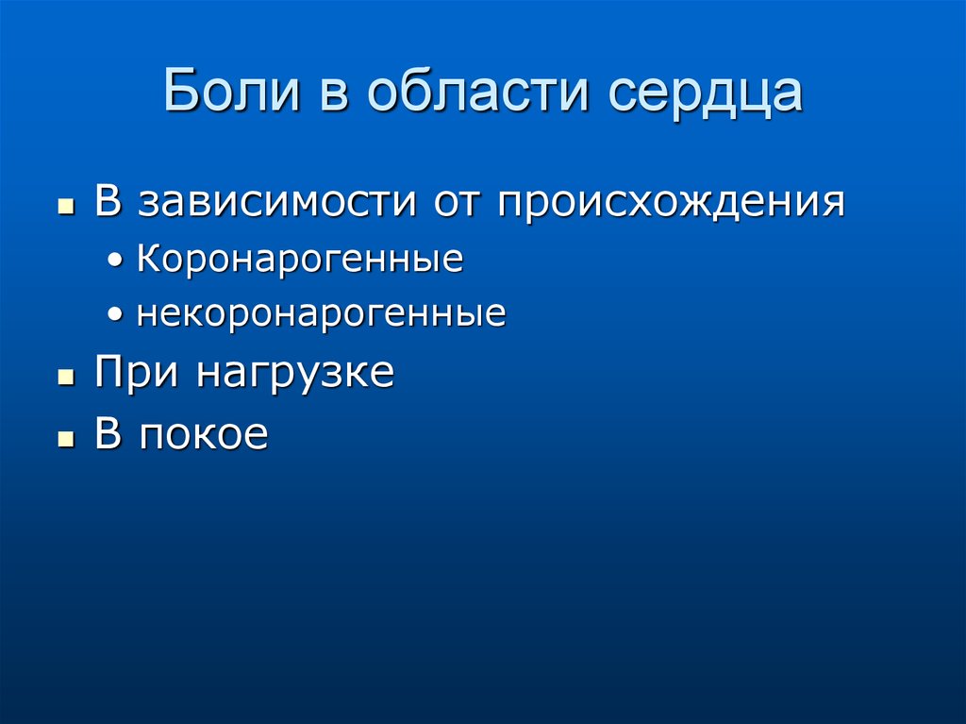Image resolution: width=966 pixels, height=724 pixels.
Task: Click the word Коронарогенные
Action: pos(300,260)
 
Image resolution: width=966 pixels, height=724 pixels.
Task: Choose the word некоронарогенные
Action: pos(321,313)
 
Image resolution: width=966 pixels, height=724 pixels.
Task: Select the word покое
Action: pos(205,435)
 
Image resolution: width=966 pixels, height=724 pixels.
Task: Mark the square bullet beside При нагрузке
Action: pos(65,377)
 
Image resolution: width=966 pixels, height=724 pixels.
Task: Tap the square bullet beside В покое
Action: pos(65,438)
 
